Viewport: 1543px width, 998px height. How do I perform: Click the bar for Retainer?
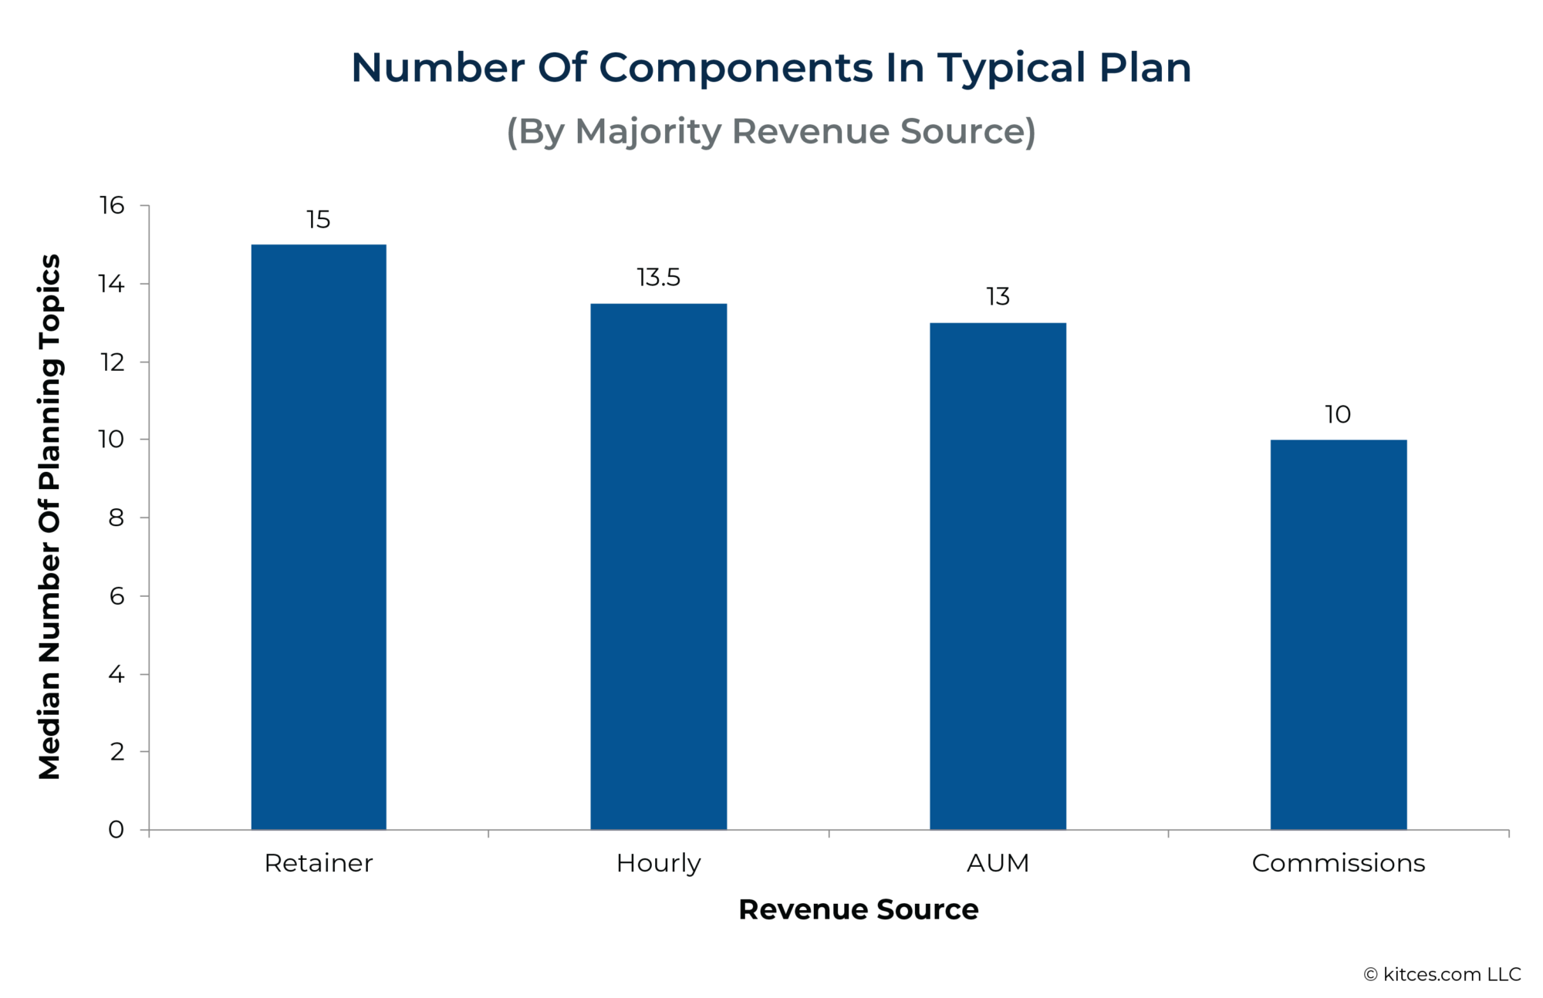(x=319, y=537)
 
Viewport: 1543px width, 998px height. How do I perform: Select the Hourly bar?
(x=658, y=566)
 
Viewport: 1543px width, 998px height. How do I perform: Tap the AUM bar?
(x=998, y=576)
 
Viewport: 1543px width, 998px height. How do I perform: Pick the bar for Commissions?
(x=1338, y=635)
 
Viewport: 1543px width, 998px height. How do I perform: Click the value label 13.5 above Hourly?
(x=658, y=278)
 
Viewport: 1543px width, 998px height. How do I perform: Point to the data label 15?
(x=318, y=220)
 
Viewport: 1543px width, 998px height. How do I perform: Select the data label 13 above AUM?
(x=998, y=297)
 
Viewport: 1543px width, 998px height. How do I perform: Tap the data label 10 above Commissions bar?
(x=1338, y=415)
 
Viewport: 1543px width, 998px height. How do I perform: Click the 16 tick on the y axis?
(x=112, y=205)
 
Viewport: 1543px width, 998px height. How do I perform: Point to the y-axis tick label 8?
(x=116, y=518)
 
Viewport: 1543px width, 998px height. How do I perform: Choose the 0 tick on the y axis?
(x=116, y=830)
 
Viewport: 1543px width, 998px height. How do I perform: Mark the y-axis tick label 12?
(x=112, y=362)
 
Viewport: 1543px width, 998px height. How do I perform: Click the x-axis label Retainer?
(x=318, y=863)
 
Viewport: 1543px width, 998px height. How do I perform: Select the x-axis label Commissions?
(x=1338, y=863)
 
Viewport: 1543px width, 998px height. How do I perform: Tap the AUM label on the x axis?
(x=998, y=863)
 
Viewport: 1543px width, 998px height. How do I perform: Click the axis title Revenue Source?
(x=858, y=909)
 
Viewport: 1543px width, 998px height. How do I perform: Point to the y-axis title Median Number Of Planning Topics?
(x=49, y=517)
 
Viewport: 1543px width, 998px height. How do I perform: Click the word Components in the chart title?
(x=735, y=68)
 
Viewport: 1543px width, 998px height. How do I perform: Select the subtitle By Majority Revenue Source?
(x=771, y=131)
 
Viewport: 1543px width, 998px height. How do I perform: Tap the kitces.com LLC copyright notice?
(x=1442, y=974)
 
